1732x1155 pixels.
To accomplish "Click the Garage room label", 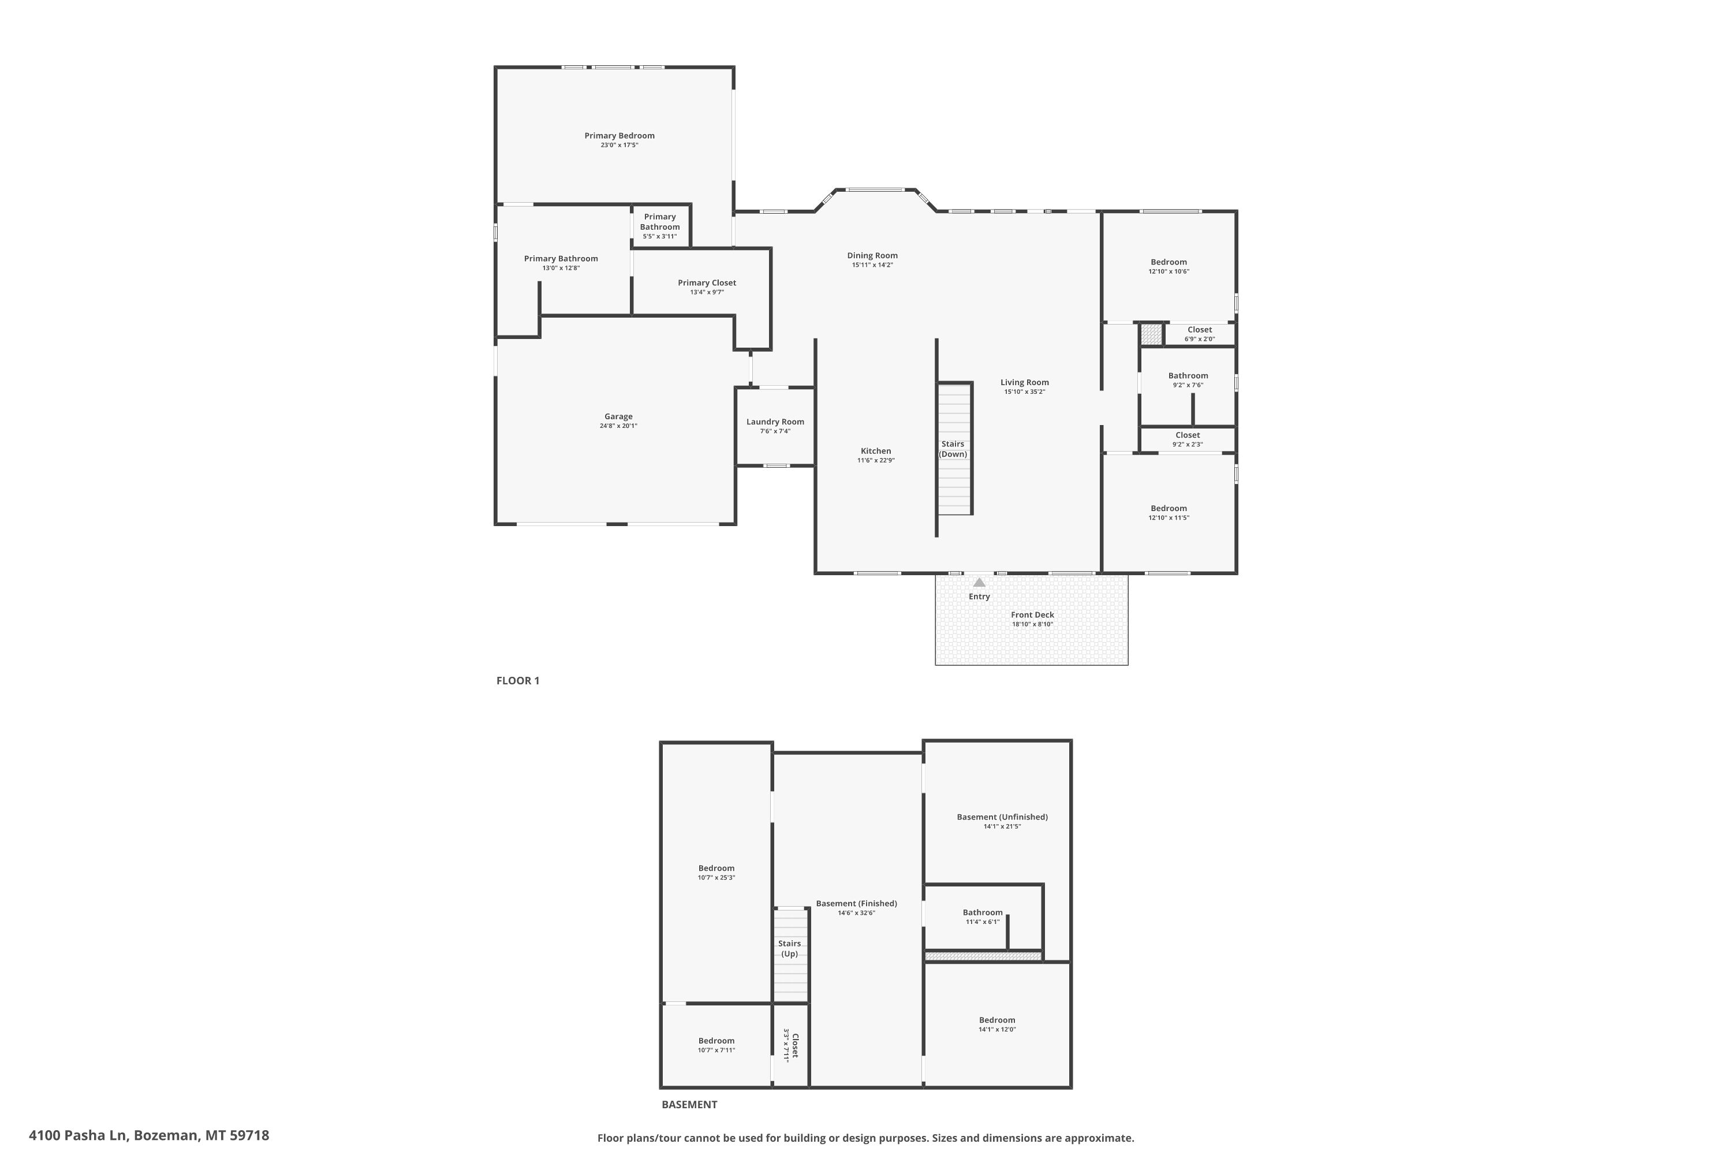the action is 618,416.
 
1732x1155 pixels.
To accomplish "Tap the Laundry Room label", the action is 775,422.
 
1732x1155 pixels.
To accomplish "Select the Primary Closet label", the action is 707,283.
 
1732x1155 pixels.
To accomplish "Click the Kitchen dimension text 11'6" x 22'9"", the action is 876,460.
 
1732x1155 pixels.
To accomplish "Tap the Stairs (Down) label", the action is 953,449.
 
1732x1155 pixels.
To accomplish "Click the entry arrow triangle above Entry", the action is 979,582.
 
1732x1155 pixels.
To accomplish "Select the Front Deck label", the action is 1032,615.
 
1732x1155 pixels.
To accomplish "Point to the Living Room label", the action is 1024,382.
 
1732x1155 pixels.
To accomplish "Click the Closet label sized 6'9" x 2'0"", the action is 1200,330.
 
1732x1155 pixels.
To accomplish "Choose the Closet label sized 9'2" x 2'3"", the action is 1188,435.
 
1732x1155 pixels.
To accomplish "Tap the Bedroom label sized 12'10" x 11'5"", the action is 1169,508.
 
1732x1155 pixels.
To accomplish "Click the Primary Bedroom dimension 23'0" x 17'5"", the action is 619,145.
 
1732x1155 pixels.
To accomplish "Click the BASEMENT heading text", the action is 689,1104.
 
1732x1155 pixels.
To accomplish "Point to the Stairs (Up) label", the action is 789,949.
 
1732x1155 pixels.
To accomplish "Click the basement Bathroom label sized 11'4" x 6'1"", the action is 983,912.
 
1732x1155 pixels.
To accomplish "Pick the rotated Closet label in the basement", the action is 794,1045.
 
